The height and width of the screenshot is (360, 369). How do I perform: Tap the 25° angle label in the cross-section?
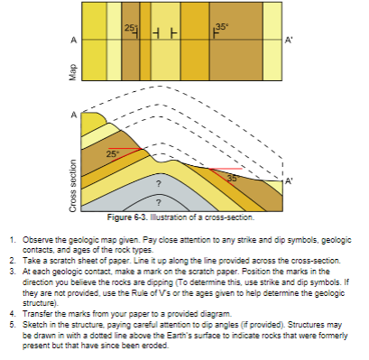[x=112, y=154]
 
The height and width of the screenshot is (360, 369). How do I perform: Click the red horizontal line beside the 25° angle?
[x=123, y=147]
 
